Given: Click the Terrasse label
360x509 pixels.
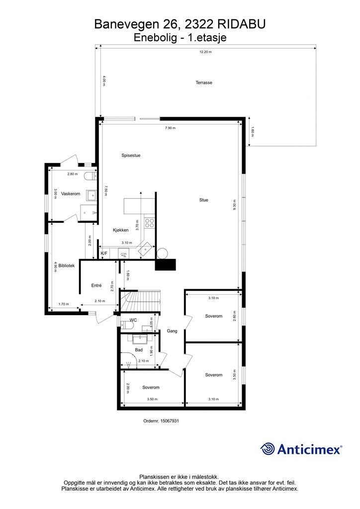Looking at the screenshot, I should pyautogui.click(x=204, y=83).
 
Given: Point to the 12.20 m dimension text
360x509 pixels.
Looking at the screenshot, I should pyautogui.click(x=205, y=52).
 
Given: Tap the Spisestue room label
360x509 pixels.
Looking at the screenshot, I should pyautogui.click(x=131, y=155).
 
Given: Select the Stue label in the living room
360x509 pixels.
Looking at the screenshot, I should pyautogui.click(x=203, y=200).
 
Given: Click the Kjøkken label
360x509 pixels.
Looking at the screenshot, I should pyautogui.click(x=121, y=230).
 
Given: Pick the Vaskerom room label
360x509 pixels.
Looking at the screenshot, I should pyautogui.click(x=70, y=193).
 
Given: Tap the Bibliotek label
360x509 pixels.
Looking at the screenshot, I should pyautogui.click(x=66, y=266).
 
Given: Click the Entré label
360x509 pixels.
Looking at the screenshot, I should pyautogui.click(x=96, y=285).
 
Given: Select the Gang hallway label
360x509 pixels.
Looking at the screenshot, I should pyautogui.click(x=172, y=331).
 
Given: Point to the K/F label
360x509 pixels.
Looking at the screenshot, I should pyautogui.click(x=104, y=254).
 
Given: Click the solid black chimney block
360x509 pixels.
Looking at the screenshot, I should pyautogui.click(x=166, y=265).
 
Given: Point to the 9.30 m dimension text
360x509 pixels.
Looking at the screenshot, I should pyautogui.click(x=234, y=206).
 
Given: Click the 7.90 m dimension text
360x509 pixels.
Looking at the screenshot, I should pyautogui.click(x=170, y=128).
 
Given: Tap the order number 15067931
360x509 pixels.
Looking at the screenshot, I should pyautogui.click(x=161, y=421).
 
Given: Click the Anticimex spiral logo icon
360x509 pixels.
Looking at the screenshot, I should pyautogui.click(x=268, y=448).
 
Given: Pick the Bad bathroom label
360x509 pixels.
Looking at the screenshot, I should pyautogui.click(x=139, y=350).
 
